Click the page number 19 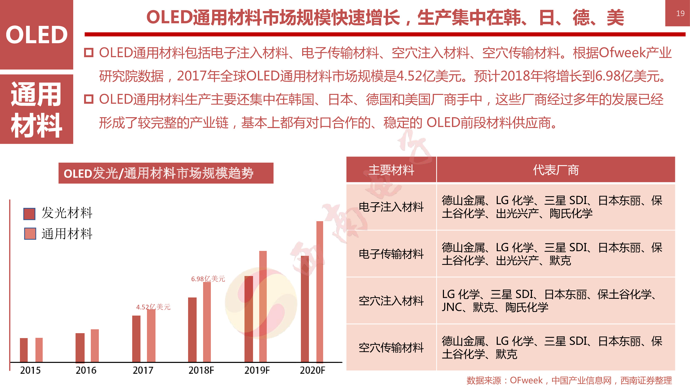680,13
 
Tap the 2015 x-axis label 30,370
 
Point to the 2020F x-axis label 312,370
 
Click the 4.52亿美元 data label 153,307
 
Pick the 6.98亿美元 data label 208,279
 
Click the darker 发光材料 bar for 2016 80,348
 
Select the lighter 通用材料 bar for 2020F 320,292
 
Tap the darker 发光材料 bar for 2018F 192,330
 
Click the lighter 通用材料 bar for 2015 39,350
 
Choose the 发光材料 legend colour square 29,214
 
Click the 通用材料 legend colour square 30,234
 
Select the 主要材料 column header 391,170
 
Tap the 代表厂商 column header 556,170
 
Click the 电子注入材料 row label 391,207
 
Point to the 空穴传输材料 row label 391,348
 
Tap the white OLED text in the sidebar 37,35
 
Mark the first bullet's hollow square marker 89,53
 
